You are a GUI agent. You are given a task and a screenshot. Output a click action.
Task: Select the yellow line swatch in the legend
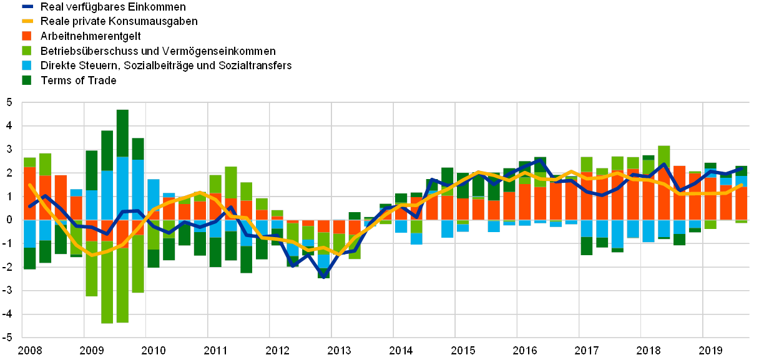tap(28, 21)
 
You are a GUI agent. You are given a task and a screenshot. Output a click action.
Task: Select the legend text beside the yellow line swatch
tap(119, 21)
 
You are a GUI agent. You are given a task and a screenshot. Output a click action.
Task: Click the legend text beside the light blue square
tap(165, 66)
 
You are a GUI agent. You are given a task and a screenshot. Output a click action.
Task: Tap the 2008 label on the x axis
tap(30, 350)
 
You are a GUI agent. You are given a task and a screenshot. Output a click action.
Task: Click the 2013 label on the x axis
tap(339, 350)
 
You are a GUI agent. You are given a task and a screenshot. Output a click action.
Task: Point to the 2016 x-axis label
tap(525, 350)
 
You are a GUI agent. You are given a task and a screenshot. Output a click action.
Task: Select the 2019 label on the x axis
tap(710, 350)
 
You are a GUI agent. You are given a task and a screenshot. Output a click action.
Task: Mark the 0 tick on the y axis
tap(9, 220)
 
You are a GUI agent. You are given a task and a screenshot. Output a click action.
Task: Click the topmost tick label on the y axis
tap(9, 103)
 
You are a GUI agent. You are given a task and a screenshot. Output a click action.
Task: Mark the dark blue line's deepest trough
tap(323, 276)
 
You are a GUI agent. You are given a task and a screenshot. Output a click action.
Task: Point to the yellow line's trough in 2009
tap(92, 255)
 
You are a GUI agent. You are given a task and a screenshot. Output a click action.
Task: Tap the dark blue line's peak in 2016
tap(540, 160)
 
